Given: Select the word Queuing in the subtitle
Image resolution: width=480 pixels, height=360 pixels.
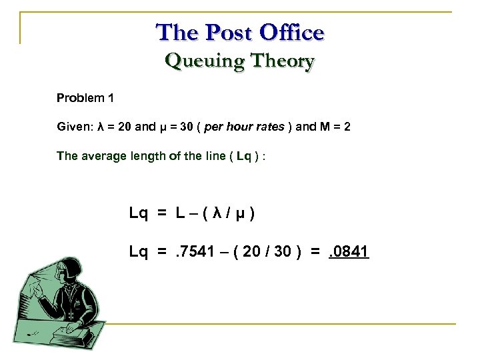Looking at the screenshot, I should click(198, 61).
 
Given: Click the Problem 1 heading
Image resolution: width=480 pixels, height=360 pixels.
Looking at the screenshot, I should click(85, 98).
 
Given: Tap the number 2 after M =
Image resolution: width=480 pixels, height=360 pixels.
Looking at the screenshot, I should click(346, 127).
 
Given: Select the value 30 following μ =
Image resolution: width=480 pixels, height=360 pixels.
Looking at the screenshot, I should click(184, 127).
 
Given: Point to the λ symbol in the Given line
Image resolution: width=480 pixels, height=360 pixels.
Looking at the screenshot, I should click(101, 127).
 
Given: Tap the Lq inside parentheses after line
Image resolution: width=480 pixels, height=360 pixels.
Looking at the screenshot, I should click(244, 156).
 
